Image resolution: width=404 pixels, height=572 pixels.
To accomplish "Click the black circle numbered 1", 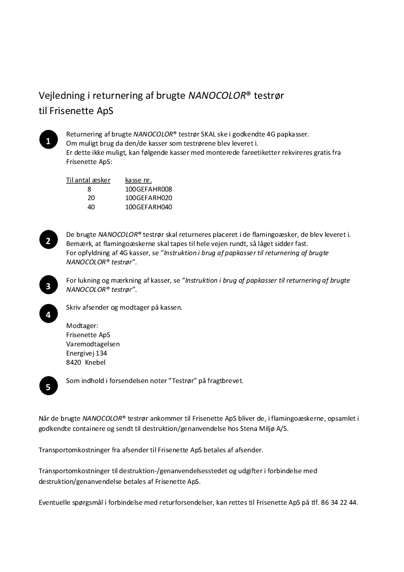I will (48, 141).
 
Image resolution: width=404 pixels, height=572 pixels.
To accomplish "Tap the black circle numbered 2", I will (48, 241).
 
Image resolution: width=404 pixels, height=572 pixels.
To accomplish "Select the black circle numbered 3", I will (48, 286).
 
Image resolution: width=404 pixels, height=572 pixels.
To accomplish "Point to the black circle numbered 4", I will (48, 314).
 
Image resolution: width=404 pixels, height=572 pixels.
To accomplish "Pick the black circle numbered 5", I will (48, 387).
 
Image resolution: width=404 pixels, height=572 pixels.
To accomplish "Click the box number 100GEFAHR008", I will (149, 189).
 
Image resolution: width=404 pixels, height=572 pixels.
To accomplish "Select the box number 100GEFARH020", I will (149, 198).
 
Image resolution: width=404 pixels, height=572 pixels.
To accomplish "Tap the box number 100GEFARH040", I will (149, 207).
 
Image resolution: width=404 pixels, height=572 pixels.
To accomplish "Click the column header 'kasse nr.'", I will (138, 180).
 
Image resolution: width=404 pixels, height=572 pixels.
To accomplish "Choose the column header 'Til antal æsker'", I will (88, 180).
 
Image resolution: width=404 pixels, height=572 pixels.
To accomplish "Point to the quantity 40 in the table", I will (91, 207).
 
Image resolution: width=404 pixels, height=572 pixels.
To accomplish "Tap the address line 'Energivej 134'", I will (86, 353).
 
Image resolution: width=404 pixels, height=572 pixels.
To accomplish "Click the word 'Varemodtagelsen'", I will (93, 344).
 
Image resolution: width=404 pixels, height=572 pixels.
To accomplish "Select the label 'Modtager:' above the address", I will (82, 325).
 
